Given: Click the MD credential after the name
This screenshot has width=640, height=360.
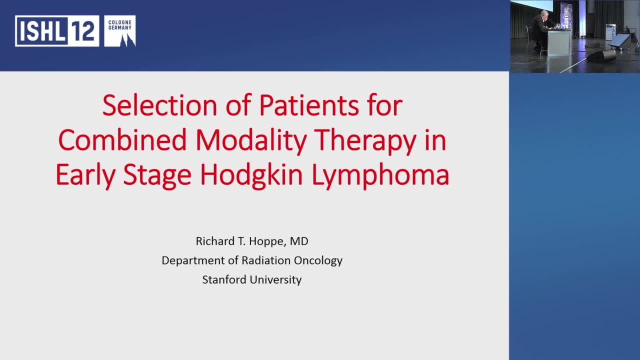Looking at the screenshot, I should pos(299,241).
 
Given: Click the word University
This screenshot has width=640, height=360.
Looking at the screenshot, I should pos(276,279).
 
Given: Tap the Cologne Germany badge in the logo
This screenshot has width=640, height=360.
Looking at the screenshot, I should pos(120,31).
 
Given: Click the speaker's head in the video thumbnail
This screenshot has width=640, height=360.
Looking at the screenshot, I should pos(543,13).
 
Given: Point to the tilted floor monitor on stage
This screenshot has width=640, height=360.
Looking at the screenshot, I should pos(619,40).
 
